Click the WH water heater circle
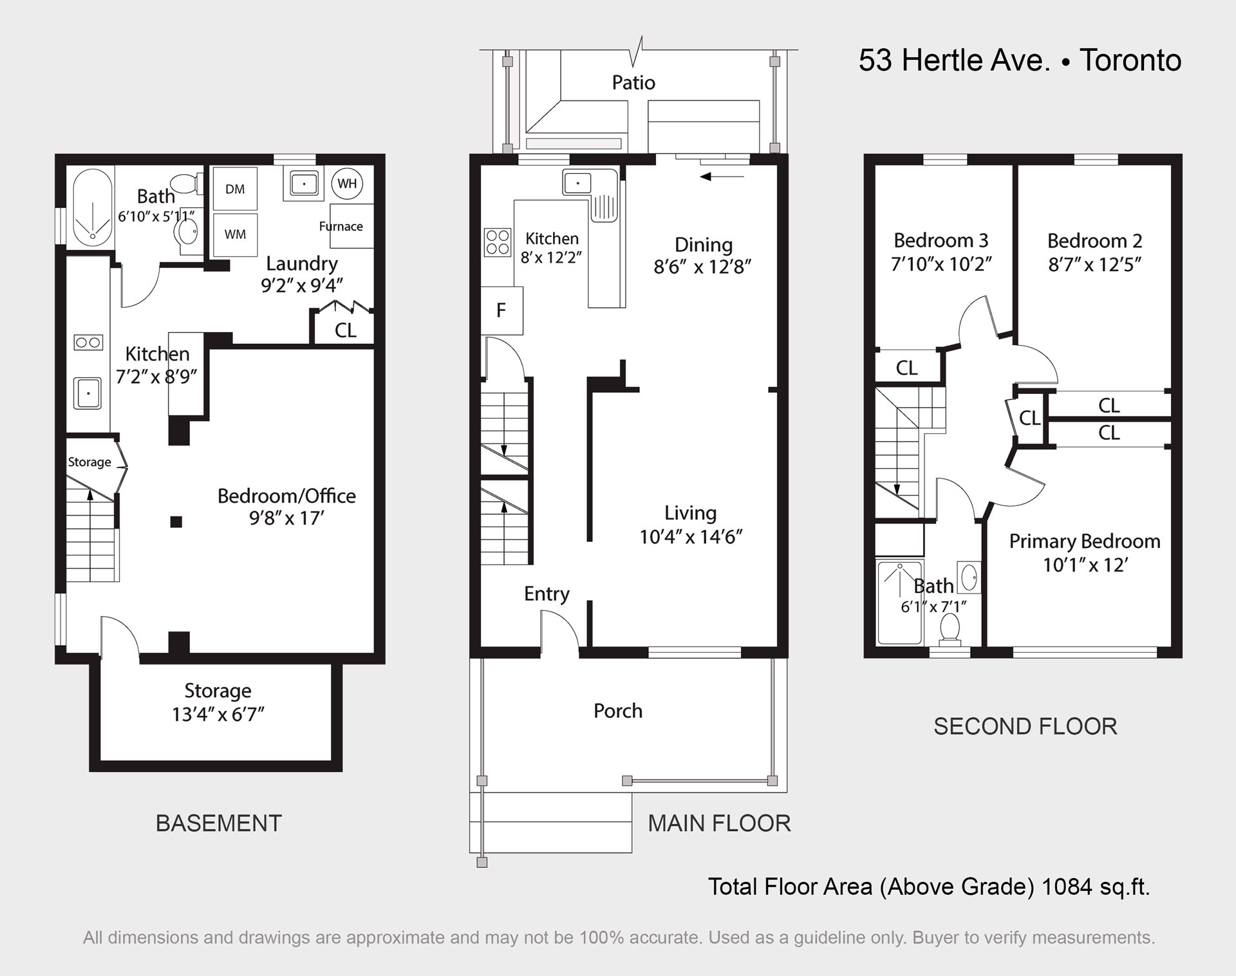pyautogui.click(x=348, y=183)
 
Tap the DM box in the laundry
pyautogui.click(x=235, y=189)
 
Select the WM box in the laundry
pyautogui.click(x=235, y=234)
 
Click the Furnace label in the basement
pyautogui.click(x=341, y=226)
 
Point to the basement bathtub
pyautogui.click(x=92, y=207)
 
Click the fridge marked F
pyautogui.click(x=501, y=310)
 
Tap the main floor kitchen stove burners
pyautogui.click(x=498, y=243)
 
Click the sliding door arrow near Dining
pyautogui.click(x=722, y=176)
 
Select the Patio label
pyautogui.click(x=633, y=82)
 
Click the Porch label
pyautogui.click(x=618, y=711)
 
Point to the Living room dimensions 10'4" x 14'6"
pyautogui.click(x=691, y=536)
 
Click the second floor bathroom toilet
pyautogui.click(x=950, y=629)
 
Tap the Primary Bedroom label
pyautogui.click(x=1085, y=541)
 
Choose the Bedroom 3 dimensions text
pyautogui.click(x=941, y=264)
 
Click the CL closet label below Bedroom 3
pyautogui.click(x=906, y=368)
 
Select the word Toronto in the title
pyautogui.click(x=1130, y=61)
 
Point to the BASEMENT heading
pyautogui.click(x=219, y=823)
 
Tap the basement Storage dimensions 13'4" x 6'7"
pyautogui.click(x=218, y=715)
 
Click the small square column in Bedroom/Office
pyautogui.click(x=176, y=522)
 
